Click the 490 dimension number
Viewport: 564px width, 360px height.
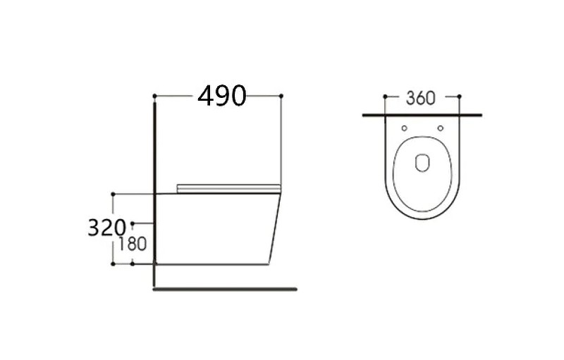[222, 95]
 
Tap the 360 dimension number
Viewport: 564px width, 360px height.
[421, 98]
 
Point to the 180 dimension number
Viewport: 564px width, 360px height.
[133, 244]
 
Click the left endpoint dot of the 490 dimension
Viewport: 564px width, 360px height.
[154, 95]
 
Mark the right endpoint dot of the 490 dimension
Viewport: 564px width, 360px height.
[281, 95]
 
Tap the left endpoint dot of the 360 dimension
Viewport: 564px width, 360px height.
[385, 97]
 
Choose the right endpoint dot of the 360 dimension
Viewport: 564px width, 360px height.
[459, 97]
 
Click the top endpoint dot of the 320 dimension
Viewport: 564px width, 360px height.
[113, 193]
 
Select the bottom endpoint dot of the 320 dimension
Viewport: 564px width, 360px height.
[113, 264]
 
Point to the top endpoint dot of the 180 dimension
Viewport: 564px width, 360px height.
[133, 223]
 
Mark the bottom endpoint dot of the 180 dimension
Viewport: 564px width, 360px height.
[133, 264]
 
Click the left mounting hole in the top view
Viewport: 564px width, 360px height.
[404, 128]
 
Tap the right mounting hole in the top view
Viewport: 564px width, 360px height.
[440, 128]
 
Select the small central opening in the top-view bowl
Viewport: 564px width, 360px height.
[422, 163]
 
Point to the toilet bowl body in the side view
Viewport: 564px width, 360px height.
[215, 229]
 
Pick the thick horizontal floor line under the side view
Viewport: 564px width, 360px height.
[226, 289]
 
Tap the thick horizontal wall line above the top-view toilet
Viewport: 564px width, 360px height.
[422, 114]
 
